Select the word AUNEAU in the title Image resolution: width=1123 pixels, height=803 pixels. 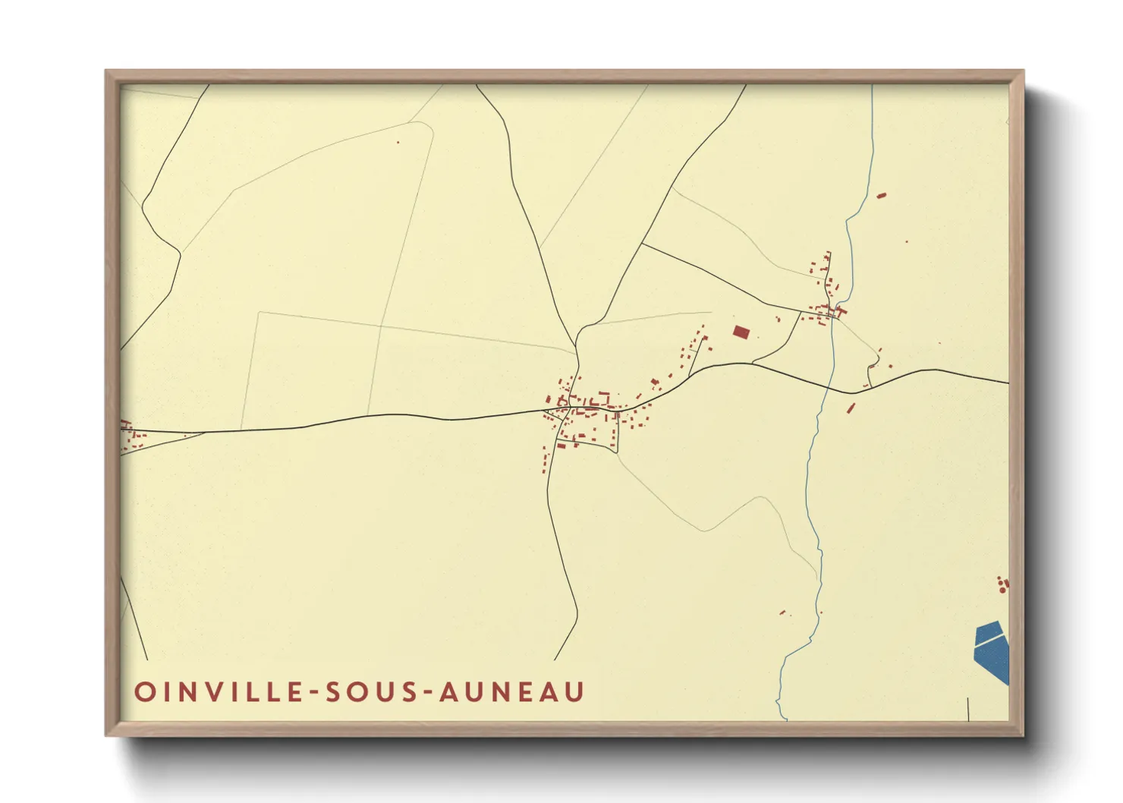point(512,691)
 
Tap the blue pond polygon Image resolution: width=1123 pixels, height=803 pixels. point(992,649)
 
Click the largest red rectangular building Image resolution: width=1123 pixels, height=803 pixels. point(741,332)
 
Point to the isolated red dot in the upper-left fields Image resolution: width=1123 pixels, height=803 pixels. point(397,142)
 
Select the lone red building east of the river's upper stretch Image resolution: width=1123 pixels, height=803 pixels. point(881,196)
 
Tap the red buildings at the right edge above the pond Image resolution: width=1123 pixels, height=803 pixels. point(1003,584)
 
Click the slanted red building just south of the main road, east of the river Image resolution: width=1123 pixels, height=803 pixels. point(851,408)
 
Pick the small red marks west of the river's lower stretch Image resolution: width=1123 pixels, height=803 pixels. point(783,612)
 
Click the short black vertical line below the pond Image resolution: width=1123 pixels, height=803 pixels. point(969,708)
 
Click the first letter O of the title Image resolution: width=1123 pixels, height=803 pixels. point(143,691)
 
